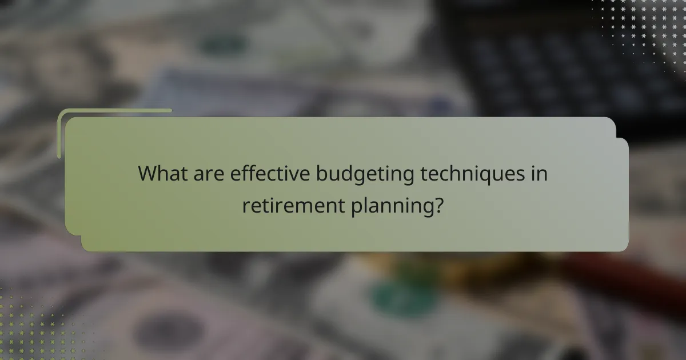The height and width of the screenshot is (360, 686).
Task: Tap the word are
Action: coord(208,174)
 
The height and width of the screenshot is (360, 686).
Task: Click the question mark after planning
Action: coord(438,205)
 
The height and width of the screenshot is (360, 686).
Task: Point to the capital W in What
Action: coord(147,174)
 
